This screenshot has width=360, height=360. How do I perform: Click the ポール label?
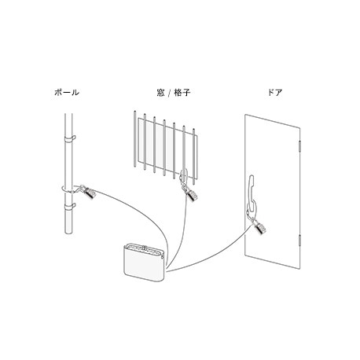67,92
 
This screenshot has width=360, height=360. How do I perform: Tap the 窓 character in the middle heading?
160,93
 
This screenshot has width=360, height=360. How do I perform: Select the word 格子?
182,93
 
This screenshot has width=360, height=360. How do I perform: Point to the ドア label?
275,92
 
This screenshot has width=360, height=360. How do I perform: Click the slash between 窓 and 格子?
169,93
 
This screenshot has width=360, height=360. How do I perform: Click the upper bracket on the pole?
69,138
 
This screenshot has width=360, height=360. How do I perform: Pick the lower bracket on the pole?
69,207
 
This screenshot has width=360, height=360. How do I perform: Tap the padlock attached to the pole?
89,193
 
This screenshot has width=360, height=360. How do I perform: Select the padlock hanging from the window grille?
191,195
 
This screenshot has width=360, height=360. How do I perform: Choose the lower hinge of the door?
299,241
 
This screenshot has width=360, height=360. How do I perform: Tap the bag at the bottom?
145,263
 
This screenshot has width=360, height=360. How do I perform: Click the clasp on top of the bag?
144,247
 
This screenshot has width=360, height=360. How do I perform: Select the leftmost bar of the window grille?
134,139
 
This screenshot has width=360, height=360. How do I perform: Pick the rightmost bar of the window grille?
194,156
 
